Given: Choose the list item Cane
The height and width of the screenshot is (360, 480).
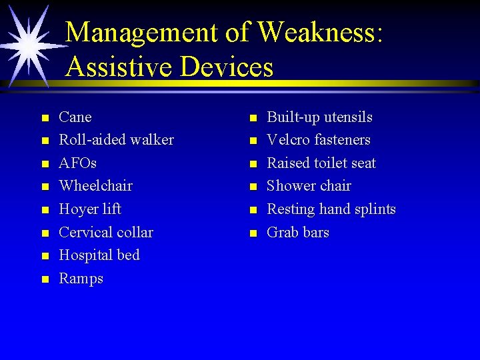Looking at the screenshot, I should click(75, 117).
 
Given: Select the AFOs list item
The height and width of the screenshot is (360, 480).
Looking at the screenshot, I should click(78, 163).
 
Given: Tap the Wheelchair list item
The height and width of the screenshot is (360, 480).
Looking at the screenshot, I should click(96, 186).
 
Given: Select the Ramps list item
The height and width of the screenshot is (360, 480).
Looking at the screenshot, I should click(81, 279).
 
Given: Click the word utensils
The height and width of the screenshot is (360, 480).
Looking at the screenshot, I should click(348, 117).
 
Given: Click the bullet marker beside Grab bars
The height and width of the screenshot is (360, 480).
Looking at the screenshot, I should click(253, 233).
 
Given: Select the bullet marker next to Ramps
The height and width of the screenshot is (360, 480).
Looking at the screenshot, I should click(45, 279).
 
